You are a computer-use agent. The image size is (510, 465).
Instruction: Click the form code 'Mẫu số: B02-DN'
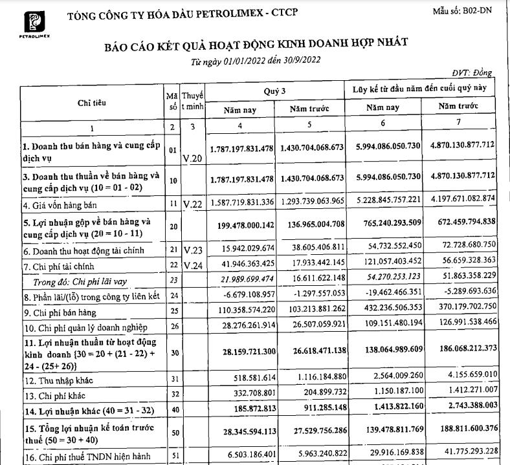click(463, 11)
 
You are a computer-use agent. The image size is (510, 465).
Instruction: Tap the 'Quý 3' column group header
click(274, 92)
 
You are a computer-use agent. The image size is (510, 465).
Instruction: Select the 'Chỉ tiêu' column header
click(91, 103)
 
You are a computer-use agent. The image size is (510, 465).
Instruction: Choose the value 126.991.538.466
click(459, 320)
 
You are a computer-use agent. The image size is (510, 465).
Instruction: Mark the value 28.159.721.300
click(243, 349)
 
